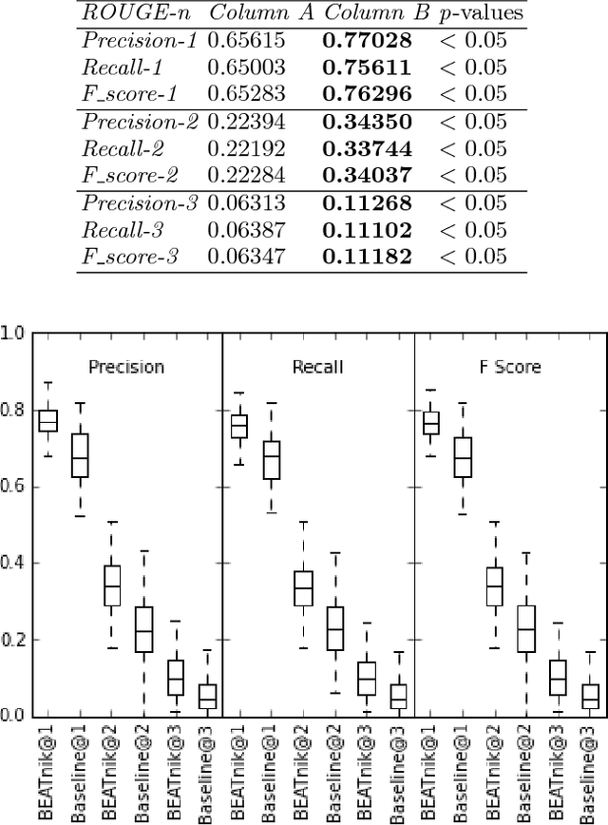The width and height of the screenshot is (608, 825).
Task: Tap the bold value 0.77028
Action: pos(367,41)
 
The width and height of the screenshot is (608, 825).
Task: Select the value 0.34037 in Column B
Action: pos(367,176)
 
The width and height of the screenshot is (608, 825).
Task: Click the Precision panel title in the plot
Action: pos(125,367)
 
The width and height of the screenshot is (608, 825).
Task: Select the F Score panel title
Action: pos(508,367)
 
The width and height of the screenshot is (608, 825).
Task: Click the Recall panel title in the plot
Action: pos(317,367)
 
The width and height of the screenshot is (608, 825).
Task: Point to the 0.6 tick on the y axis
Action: pos(12,487)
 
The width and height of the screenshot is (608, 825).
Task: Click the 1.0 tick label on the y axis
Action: pos(12,334)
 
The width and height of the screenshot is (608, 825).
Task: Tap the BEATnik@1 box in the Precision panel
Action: pos(47,420)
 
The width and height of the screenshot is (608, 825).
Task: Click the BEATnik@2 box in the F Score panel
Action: pos(495,586)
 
